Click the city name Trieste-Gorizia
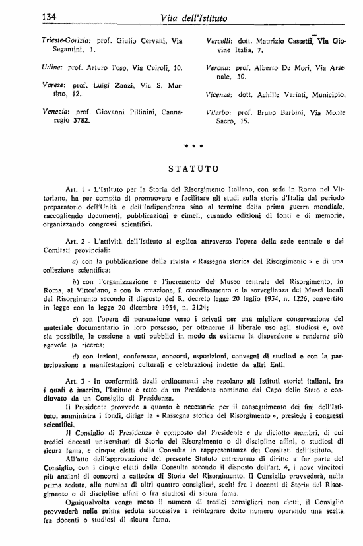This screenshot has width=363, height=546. (55, 40)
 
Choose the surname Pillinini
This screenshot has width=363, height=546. (123, 112)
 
